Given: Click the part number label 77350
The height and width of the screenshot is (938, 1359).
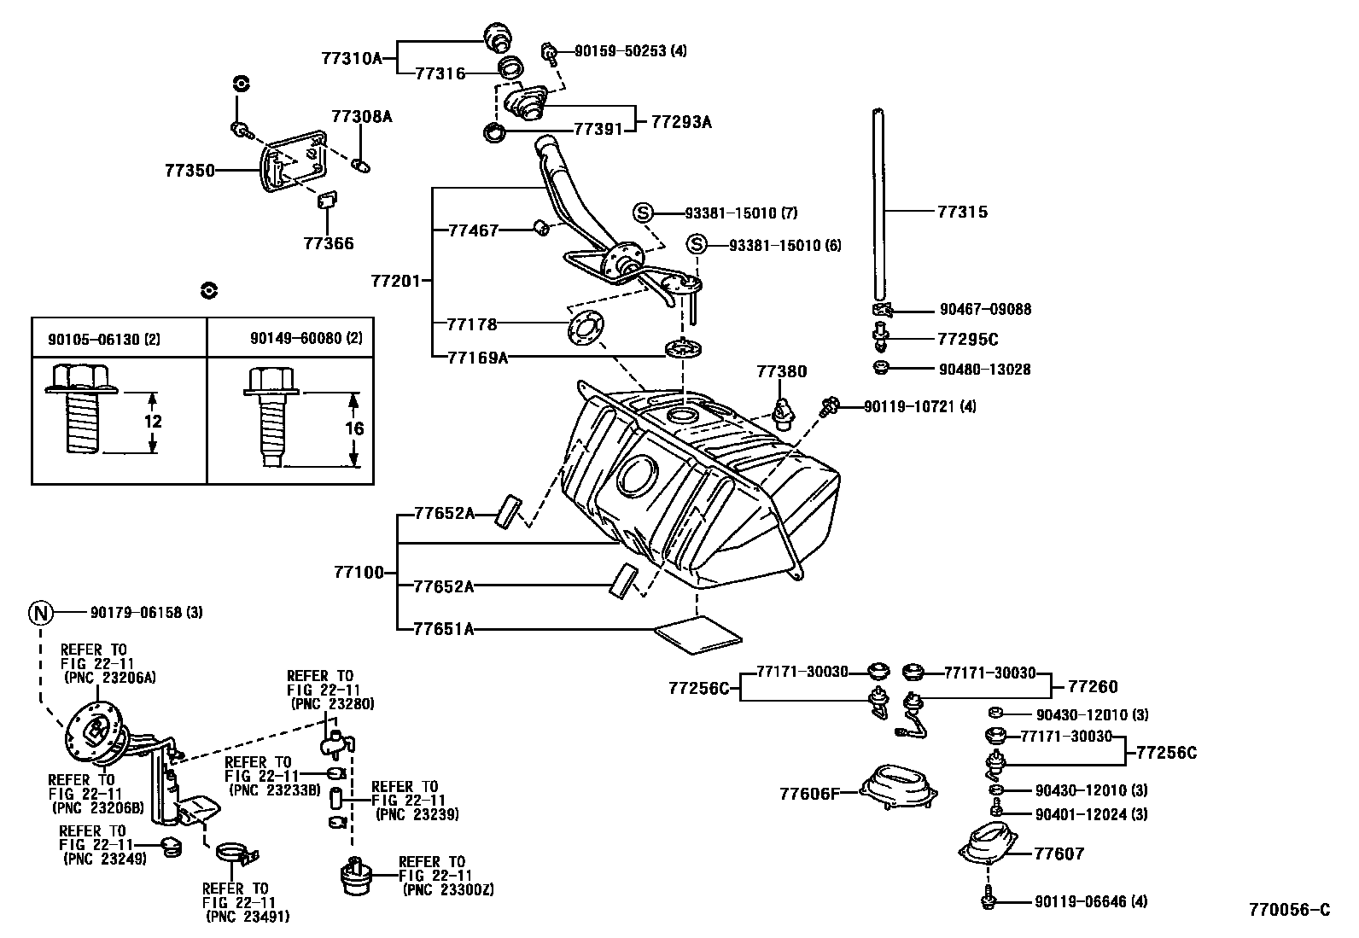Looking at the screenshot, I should [190, 171].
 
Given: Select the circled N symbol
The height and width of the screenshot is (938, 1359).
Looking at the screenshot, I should [40, 612].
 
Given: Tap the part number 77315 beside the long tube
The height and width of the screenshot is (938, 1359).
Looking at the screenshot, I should [962, 212].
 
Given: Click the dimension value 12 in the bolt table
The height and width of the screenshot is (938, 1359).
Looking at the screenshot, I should [153, 422].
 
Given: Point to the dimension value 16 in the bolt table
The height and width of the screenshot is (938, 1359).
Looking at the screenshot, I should [354, 428].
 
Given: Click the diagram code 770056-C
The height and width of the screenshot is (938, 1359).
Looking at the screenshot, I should [1289, 910].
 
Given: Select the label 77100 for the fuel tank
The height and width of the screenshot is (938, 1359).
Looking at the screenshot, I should [359, 573].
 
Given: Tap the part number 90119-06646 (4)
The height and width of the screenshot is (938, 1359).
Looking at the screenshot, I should [1091, 901].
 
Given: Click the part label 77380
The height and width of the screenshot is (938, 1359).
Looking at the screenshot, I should [780, 371].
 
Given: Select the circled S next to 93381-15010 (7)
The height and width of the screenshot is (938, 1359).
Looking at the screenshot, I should [643, 213].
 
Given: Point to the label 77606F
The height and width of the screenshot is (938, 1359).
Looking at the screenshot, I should [807, 794].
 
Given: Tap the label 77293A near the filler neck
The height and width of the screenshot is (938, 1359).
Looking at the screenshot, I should [680, 121].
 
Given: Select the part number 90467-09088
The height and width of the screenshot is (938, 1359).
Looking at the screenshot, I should [985, 310].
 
